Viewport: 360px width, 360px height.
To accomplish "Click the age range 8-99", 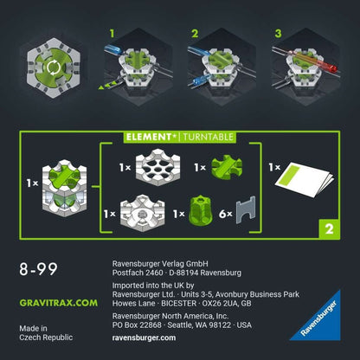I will tap(37, 270).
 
